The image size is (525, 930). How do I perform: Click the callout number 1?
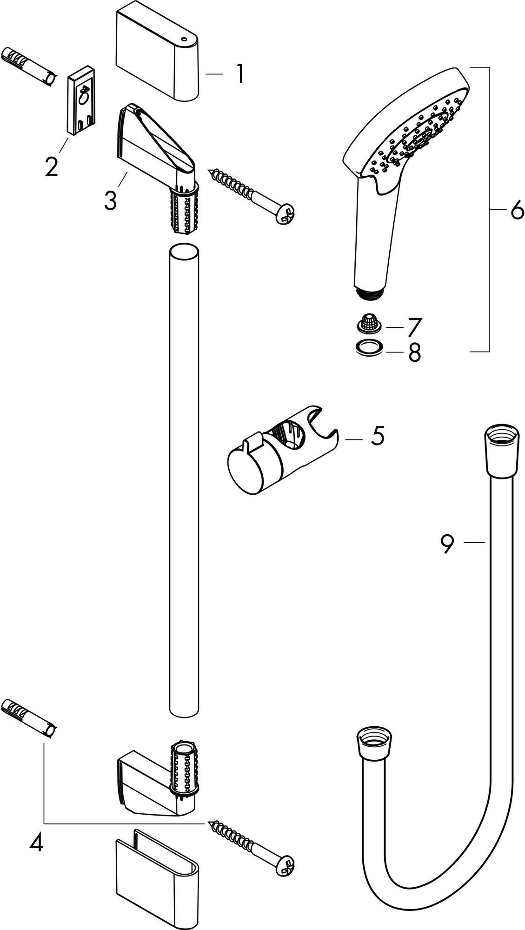239,74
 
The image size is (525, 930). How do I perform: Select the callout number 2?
52,166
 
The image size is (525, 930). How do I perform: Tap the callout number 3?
110,200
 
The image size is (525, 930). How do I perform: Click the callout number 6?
517,211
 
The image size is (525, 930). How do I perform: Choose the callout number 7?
414,327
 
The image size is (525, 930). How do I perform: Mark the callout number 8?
414,352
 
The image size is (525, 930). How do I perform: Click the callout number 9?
447,545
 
